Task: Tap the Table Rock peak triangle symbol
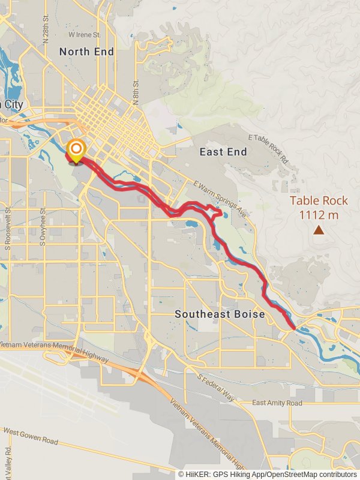pos(319,229)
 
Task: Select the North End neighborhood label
pos(86,52)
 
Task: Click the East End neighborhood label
pos(223,152)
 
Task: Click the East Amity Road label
pos(277,403)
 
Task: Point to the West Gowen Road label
pos(30,436)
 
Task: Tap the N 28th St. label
pos(46,30)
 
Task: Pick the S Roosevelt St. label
pos(8,228)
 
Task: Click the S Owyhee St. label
pos(43,229)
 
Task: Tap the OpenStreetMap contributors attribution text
pos(313,474)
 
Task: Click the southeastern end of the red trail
pos(292,328)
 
